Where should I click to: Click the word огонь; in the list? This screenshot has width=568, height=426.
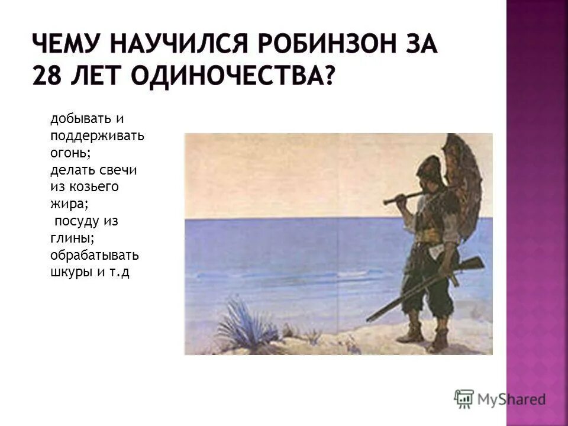click(x=70, y=153)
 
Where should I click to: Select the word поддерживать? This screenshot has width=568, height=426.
click(x=98, y=135)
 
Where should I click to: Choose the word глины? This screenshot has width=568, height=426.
click(x=72, y=238)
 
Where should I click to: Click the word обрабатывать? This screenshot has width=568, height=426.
click(x=95, y=256)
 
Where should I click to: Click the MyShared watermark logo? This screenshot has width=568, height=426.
click(x=499, y=399)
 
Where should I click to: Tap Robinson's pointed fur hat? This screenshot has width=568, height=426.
click(x=428, y=166)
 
